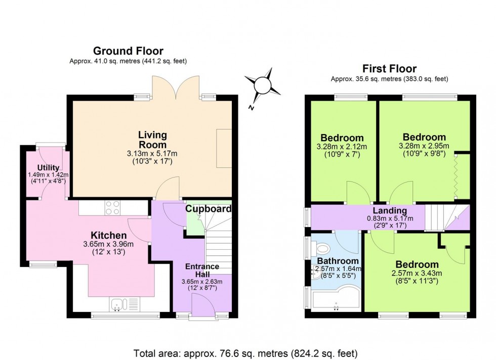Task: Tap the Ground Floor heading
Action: [128, 51]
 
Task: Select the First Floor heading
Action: [389, 69]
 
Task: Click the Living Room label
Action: [152, 140]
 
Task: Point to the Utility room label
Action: [48, 168]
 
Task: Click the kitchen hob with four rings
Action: [112, 207]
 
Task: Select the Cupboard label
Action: [208, 208]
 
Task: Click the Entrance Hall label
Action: [201, 271]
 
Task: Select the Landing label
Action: [390, 211]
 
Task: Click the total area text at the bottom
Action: [245, 352]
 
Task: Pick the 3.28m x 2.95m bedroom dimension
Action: [424, 146]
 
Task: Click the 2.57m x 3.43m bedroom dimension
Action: [417, 274]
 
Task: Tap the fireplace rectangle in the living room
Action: [224, 148]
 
